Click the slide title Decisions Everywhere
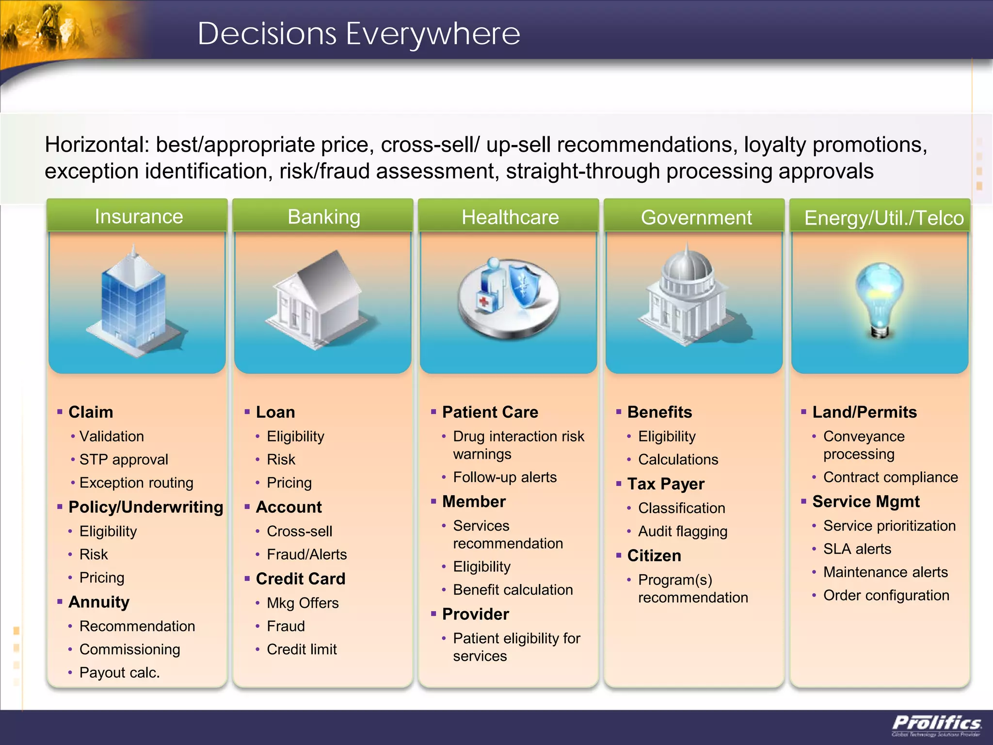tap(359, 34)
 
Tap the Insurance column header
tap(139, 216)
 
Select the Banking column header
tap(324, 217)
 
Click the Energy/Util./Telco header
tap(883, 218)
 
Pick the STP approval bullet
tap(123, 459)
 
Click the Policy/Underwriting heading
tap(145, 507)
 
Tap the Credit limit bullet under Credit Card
tap(302, 649)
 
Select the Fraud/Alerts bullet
tap(306, 554)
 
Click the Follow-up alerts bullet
tap(504, 477)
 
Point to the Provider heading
tap(475, 614)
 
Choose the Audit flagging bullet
tap(682, 532)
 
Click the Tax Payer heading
tap(665, 484)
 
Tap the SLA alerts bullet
tap(857, 549)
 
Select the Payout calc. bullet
tap(119, 673)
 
